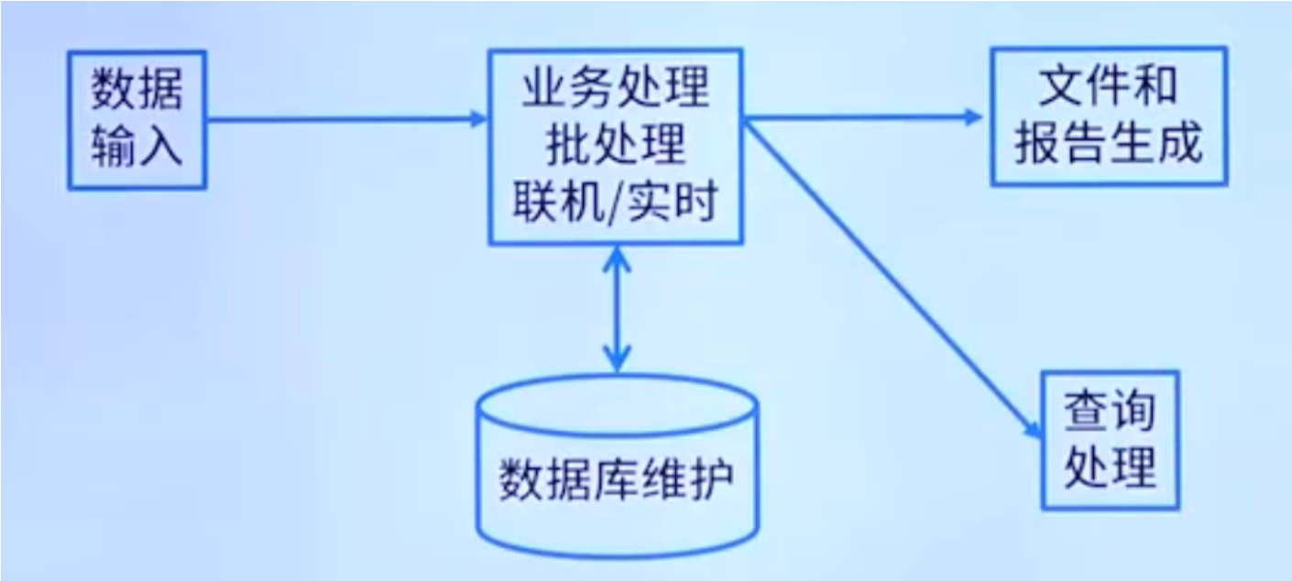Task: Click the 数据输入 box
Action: click(137, 119)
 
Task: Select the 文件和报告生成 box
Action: click(1109, 117)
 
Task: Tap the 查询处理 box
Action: click(1110, 439)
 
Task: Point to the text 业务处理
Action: click(616, 89)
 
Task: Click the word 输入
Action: click(137, 147)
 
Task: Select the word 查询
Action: click(1110, 410)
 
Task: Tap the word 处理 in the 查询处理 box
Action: click(1110, 467)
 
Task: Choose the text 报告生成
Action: click(1109, 145)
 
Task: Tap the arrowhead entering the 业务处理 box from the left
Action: click(476, 117)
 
